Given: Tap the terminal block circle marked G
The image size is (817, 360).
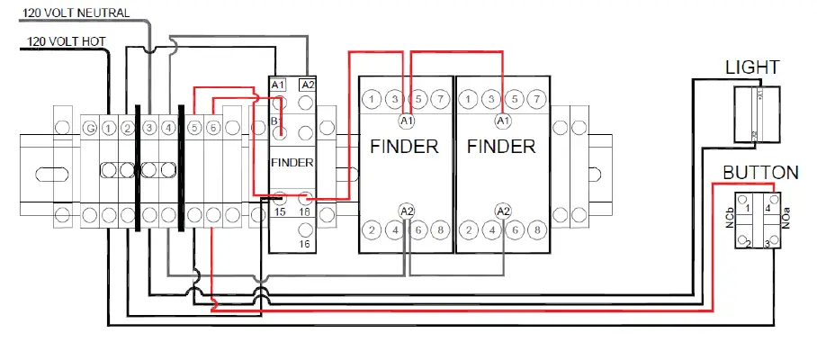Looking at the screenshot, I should click(90, 130).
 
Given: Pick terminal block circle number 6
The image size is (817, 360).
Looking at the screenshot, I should click(212, 130).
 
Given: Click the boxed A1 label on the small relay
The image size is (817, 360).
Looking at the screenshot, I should click(278, 85).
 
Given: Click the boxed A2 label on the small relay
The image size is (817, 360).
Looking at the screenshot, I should click(307, 85).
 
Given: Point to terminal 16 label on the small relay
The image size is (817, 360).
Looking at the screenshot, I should click(305, 244).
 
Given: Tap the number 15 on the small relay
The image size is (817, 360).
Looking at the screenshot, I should click(280, 212).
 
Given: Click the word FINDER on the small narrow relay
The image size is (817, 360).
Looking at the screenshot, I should click(292, 163).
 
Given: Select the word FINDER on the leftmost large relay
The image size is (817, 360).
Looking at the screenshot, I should click(404, 147).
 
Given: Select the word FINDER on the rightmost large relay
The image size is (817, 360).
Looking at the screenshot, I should click(501, 147).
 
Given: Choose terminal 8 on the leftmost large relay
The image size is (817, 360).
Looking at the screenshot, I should click(439, 229).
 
